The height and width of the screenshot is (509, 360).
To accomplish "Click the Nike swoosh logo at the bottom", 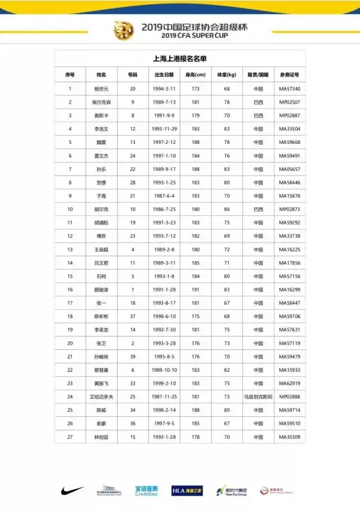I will [x=73, y=490].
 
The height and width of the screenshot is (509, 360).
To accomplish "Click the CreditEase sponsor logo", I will [x=146, y=490].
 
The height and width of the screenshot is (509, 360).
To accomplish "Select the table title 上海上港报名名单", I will [x=179, y=58].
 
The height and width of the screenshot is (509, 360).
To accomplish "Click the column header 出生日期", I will [x=164, y=74].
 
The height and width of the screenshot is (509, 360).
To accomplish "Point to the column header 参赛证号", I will [x=290, y=74].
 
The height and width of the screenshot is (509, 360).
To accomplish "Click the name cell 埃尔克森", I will [x=101, y=102].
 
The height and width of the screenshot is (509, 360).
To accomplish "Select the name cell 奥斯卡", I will [x=101, y=116].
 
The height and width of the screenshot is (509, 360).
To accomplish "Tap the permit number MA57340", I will [x=290, y=89].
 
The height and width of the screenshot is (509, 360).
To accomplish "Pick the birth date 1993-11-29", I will [x=164, y=129].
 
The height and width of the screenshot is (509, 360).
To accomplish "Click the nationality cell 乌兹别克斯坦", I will [x=258, y=397].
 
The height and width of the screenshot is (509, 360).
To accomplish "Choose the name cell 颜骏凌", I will [x=101, y=290].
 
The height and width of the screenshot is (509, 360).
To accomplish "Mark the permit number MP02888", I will [x=290, y=397].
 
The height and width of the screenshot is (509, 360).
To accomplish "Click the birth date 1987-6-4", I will [x=164, y=196].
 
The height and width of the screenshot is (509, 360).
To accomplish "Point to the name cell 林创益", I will [x=101, y=437].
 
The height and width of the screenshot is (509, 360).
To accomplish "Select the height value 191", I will [x=196, y=290].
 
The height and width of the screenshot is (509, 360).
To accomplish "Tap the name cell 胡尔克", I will [x=101, y=209].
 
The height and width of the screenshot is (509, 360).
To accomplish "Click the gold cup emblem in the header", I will [x=123, y=29].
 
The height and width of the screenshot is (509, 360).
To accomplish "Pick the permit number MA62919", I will [x=290, y=384].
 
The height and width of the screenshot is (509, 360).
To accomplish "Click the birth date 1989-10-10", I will [x=164, y=370].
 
